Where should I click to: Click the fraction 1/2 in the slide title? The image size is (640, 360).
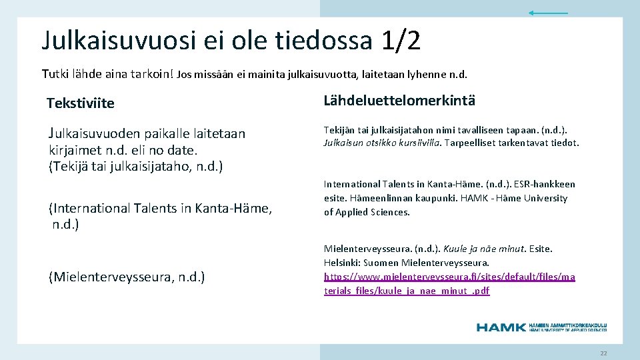tap(401, 41)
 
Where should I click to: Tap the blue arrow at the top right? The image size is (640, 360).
tap(548, 13)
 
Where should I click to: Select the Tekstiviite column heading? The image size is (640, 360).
tap(81, 103)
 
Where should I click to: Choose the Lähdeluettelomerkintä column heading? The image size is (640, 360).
tap(399, 101)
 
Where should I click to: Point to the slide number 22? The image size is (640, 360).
tap(603, 353)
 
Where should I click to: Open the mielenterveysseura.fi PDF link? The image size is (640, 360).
tap(449, 283)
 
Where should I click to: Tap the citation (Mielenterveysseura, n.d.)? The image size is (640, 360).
tap(127, 277)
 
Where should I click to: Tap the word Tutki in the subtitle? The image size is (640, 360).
tap(55, 73)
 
